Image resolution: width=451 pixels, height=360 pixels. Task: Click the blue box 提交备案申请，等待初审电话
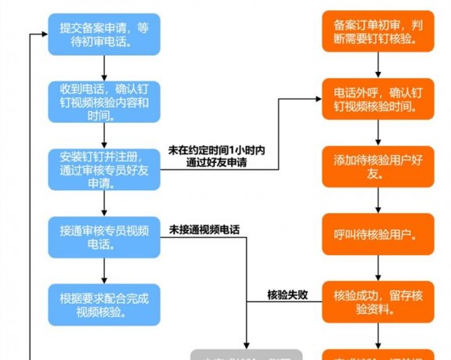pyautogui.click(x=104, y=34)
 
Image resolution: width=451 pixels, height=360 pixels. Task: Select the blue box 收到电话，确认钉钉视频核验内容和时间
pyautogui.click(x=104, y=101)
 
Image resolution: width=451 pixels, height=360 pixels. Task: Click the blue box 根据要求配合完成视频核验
pyautogui.click(x=104, y=304)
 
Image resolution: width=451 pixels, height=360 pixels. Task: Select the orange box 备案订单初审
pyautogui.click(x=379, y=34)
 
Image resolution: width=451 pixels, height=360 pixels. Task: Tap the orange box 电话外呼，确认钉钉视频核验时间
pyautogui.click(x=379, y=101)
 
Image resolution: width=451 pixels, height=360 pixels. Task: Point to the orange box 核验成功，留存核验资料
pyautogui.click(x=379, y=304)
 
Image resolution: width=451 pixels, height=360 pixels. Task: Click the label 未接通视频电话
pyautogui.click(x=204, y=231)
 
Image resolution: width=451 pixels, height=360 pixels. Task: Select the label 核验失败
pyautogui.click(x=287, y=295)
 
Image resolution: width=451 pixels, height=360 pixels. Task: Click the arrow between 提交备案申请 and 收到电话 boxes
pyautogui.click(x=104, y=67)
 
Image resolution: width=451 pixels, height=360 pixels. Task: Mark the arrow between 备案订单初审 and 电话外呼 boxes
pyautogui.click(x=379, y=67)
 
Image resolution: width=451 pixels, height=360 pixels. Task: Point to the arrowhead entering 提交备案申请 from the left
pyautogui.click(x=44, y=34)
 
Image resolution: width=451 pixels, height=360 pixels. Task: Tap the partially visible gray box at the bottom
pyautogui.click(x=247, y=355)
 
